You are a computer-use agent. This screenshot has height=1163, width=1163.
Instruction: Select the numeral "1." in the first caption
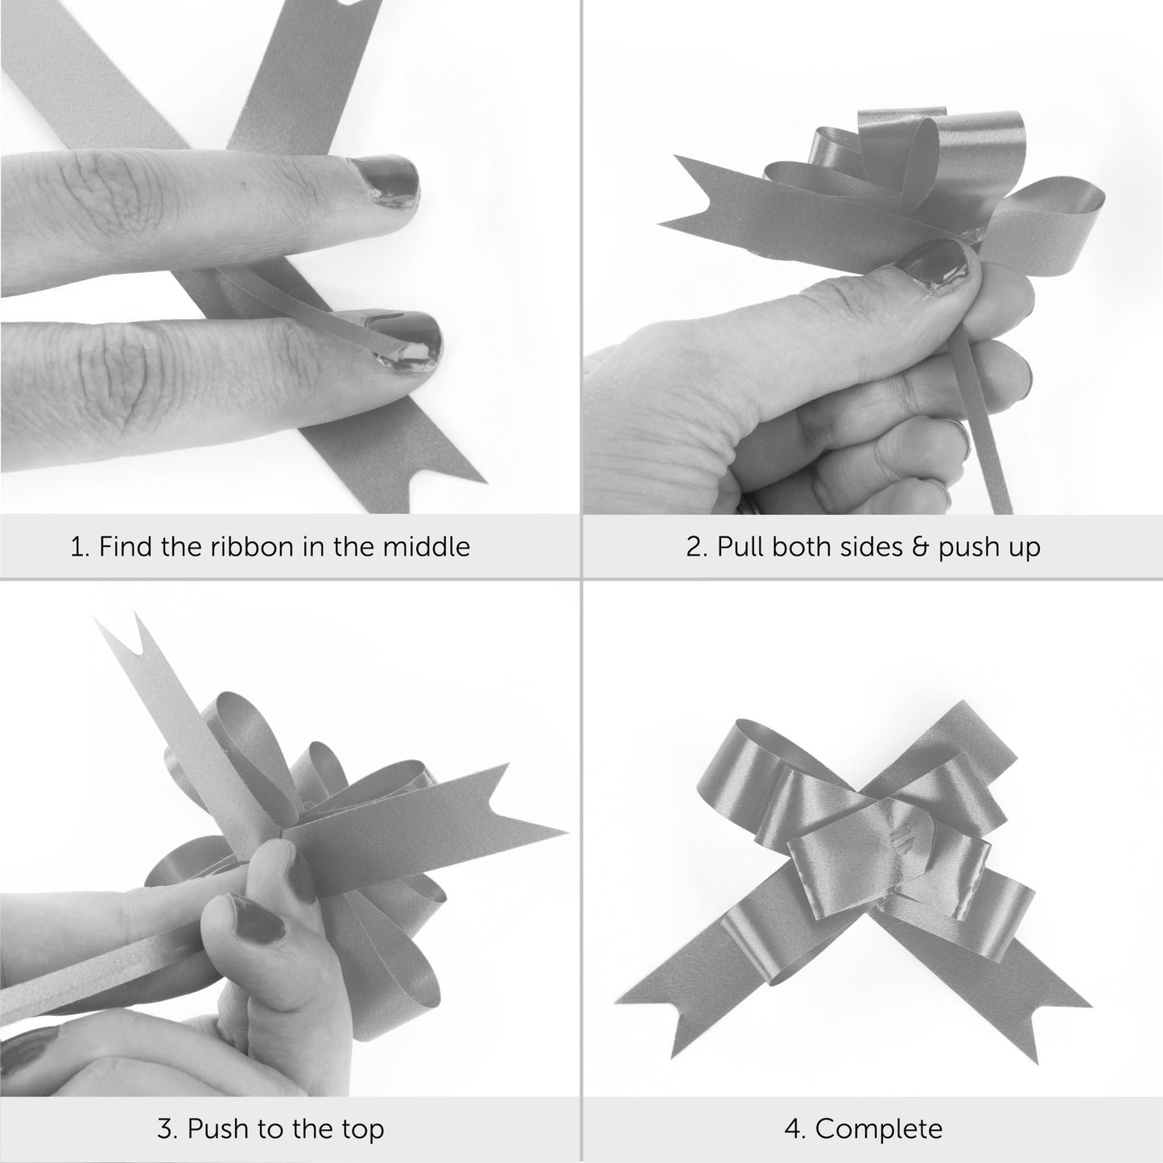click(x=80, y=547)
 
